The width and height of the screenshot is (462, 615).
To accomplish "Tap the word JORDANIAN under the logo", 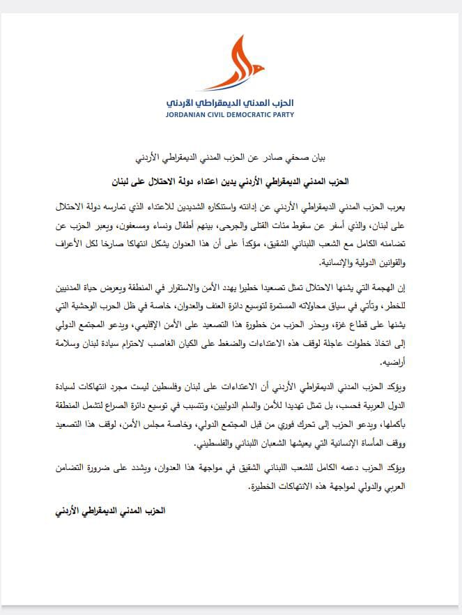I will point(190,114).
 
